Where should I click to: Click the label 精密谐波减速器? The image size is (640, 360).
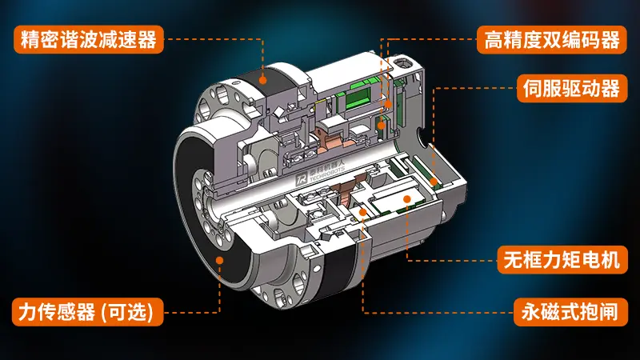[88, 38]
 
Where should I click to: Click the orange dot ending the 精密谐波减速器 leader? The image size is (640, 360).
[265, 79]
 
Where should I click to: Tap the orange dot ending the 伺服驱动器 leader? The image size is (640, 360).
[434, 182]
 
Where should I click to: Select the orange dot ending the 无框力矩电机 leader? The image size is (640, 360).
[407, 198]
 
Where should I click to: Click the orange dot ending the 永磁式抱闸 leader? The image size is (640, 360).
[363, 212]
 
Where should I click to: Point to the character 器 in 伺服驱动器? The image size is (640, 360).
[610, 88]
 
